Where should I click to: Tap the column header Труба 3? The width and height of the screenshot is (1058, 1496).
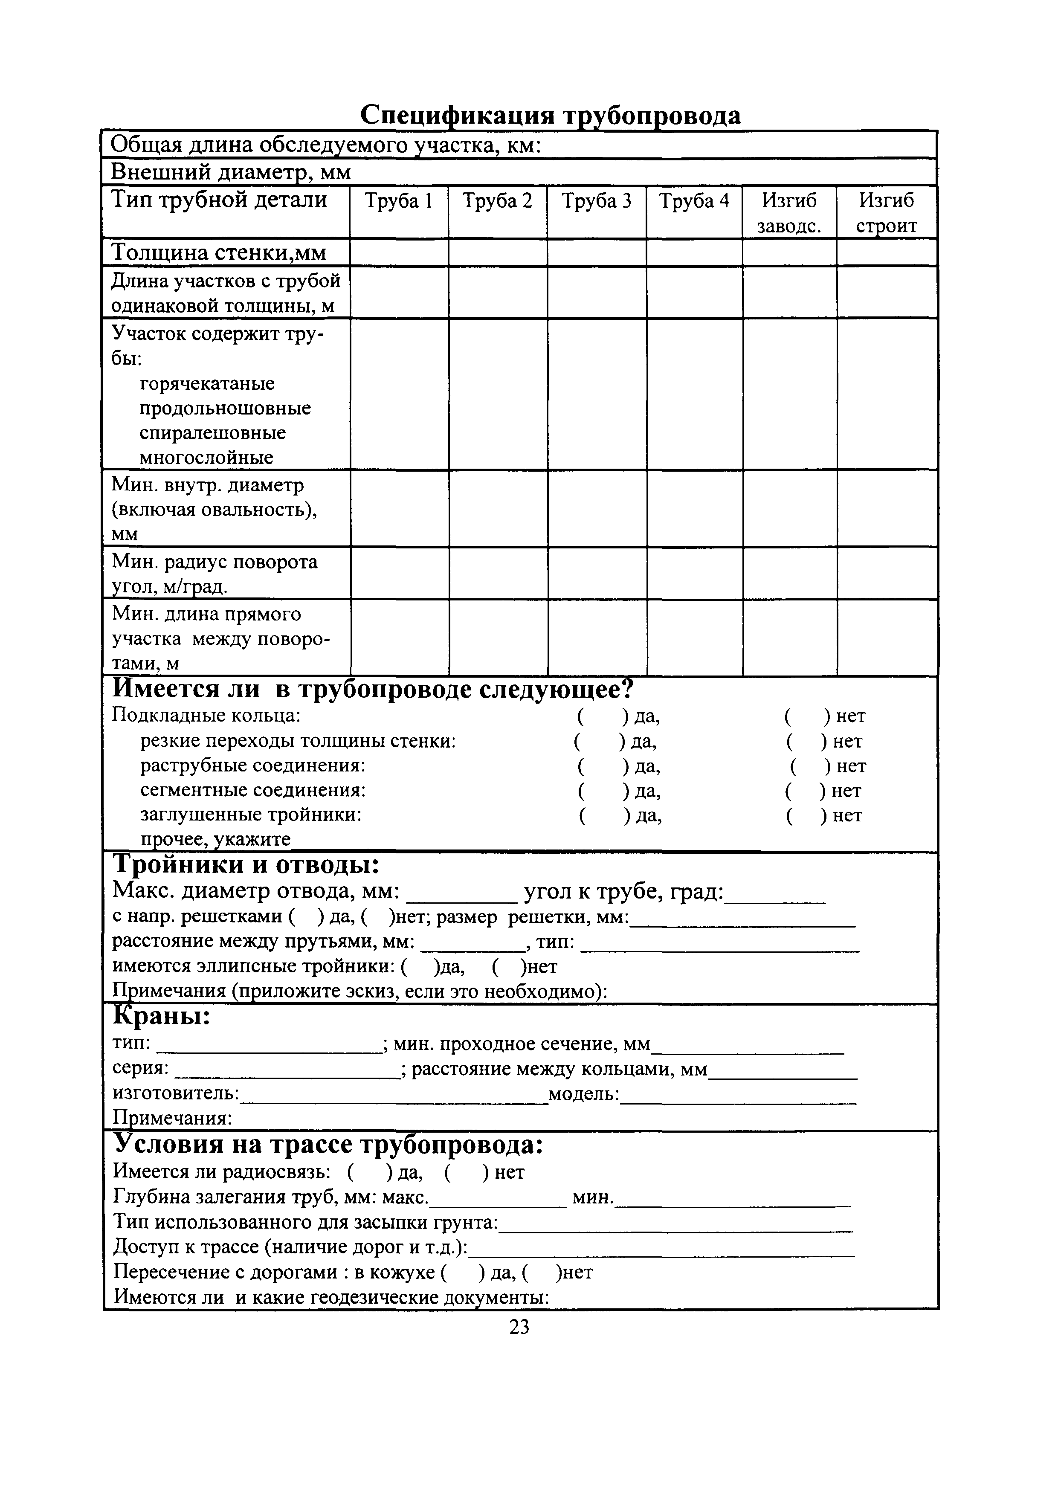[596, 201]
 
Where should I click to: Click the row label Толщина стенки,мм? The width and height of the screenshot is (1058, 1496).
[219, 253]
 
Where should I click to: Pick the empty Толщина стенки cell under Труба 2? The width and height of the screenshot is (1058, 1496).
[497, 253]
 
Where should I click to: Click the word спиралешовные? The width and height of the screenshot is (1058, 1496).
[213, 433]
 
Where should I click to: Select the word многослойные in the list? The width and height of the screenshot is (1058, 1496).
[206, 458]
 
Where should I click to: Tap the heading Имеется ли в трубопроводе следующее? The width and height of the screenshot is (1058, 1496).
[373, 689]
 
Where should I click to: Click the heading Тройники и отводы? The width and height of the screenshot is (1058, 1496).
[246, 865]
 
